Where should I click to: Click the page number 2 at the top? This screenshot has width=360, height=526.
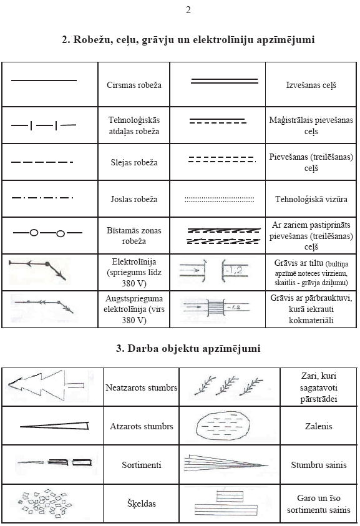[x=188, y=10]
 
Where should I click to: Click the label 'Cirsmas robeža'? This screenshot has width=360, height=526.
[x=134, y=85]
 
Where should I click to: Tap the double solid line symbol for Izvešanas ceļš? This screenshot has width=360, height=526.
[x=224, y=81]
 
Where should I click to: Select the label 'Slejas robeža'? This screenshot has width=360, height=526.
[x=134, y=163]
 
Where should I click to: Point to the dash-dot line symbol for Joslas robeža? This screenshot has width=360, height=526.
[x=42, y=198]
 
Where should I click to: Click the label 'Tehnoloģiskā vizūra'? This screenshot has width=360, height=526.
[x=311, y=199]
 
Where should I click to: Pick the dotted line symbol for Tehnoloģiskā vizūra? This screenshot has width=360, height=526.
[x=220, y=200]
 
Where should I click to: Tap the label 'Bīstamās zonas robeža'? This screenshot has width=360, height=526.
[x=134, y=236]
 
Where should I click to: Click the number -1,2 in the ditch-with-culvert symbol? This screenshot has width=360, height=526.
[x=235, y=270]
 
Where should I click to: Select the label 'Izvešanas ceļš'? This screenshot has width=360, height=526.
[x=311, y=85]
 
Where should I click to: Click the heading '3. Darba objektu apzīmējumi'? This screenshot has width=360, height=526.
[x=188, y=349]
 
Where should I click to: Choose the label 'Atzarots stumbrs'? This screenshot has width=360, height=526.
[x=141, y=426]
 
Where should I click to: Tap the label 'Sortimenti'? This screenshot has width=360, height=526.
[x=141, y=465]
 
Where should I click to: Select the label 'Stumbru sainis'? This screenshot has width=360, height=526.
[x=318, y=465]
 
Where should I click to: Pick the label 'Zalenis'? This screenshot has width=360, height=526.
[x=318, y=426]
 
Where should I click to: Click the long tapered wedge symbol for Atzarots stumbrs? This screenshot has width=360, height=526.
[x=54, y=426]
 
